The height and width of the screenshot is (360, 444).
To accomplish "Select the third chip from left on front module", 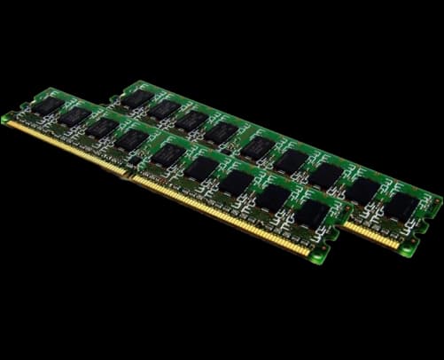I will tap(102, 128).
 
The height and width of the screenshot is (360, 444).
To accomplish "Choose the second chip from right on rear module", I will tap(362, 190).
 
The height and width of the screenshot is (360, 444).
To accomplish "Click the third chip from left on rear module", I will tap(192, 121).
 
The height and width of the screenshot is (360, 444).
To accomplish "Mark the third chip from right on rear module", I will tap(324, 175).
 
